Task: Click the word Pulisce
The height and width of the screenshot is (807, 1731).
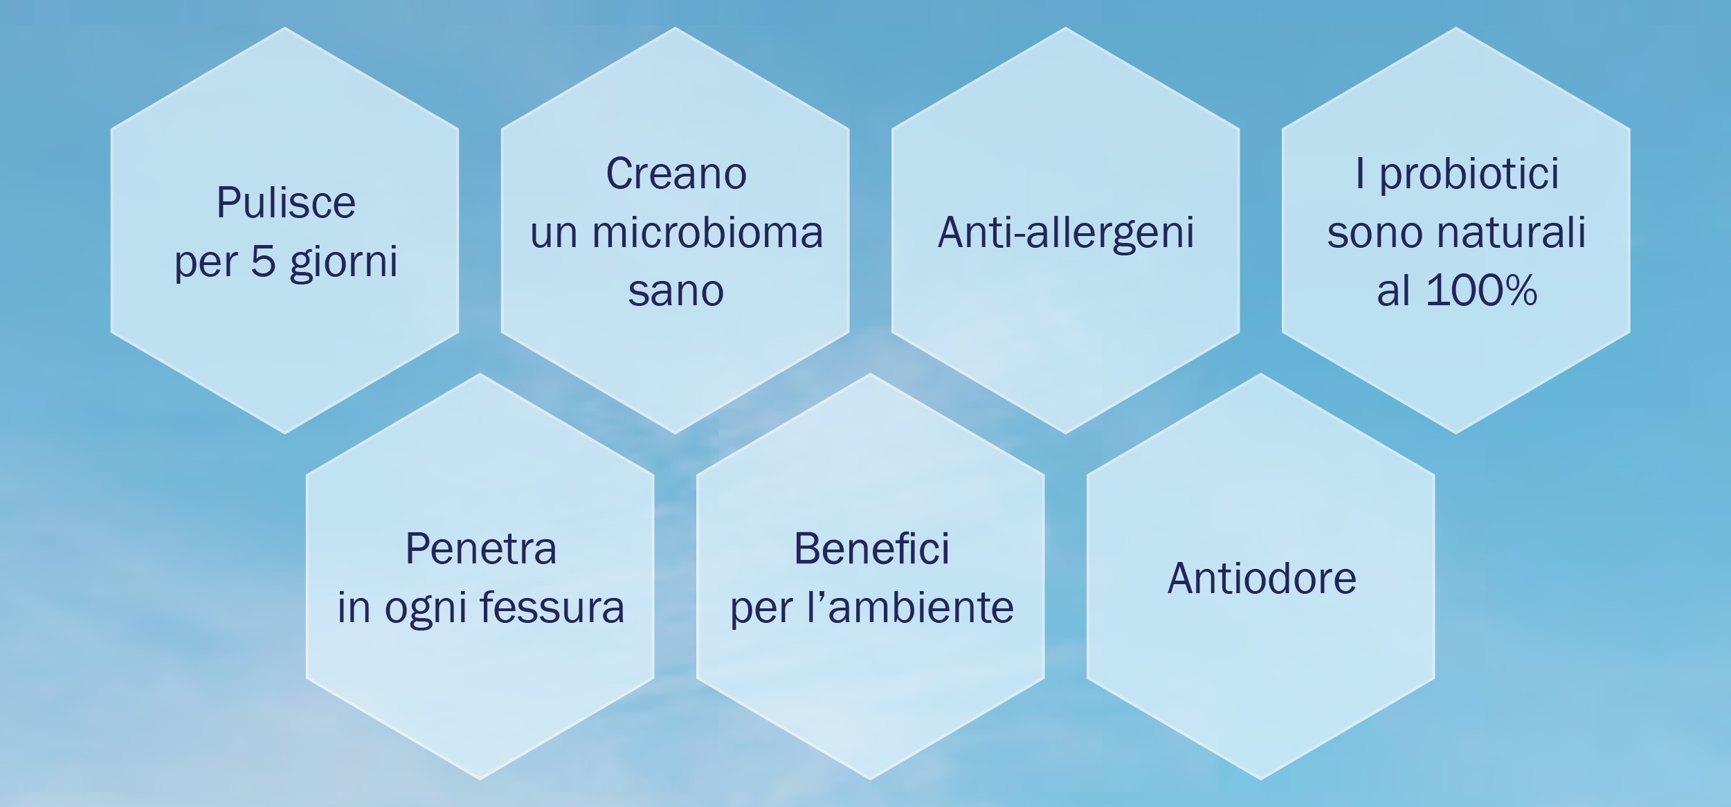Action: pos(286,202)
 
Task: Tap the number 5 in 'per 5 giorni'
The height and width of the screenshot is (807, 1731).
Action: pos(263,261)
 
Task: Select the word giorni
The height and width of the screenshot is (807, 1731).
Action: pos(344,263)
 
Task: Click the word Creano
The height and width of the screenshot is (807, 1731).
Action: pos(676,173)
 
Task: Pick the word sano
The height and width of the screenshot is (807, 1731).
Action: pos(676,291)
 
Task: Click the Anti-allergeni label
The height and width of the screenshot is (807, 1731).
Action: pos(1066,233)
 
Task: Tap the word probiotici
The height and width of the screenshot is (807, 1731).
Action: pos(1469,174)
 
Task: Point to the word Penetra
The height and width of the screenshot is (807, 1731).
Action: pos(481,549)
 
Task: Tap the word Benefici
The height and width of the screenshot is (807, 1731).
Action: pos(871,549)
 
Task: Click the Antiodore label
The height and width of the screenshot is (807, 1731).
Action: pos(1262,578)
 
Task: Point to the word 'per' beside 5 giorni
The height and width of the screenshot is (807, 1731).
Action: pos(205,264)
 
